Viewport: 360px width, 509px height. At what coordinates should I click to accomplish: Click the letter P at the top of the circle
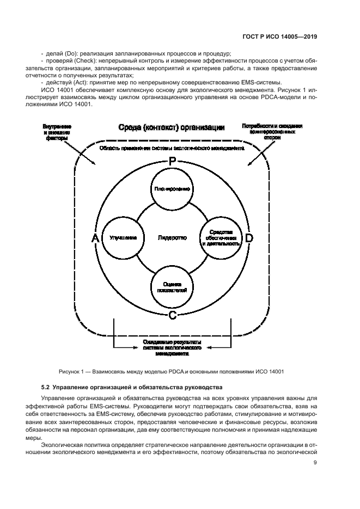point(172,162)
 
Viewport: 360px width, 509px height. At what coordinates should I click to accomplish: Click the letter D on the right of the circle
point(249,238)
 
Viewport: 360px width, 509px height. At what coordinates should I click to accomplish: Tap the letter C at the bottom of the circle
point(172,315)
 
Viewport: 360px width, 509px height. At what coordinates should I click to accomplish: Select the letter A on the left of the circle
point(95,238)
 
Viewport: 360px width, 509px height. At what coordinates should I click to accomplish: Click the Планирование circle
point(172,189)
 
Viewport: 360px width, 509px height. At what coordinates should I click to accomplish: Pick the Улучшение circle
point(123,238)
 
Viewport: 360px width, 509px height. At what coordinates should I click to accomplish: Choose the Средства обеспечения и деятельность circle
point(221,238)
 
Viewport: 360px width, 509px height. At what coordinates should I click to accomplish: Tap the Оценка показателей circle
point(172,287)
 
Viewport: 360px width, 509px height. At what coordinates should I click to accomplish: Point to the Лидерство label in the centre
point(172,238)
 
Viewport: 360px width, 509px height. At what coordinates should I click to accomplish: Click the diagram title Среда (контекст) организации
point(172,128)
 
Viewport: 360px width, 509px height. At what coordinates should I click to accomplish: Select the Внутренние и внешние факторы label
point(57,132)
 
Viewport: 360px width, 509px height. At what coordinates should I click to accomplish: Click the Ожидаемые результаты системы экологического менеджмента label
point(172,347)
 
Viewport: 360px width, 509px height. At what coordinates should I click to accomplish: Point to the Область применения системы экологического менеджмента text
point(172,148)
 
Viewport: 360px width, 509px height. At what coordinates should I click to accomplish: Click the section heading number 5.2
point(46,387)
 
